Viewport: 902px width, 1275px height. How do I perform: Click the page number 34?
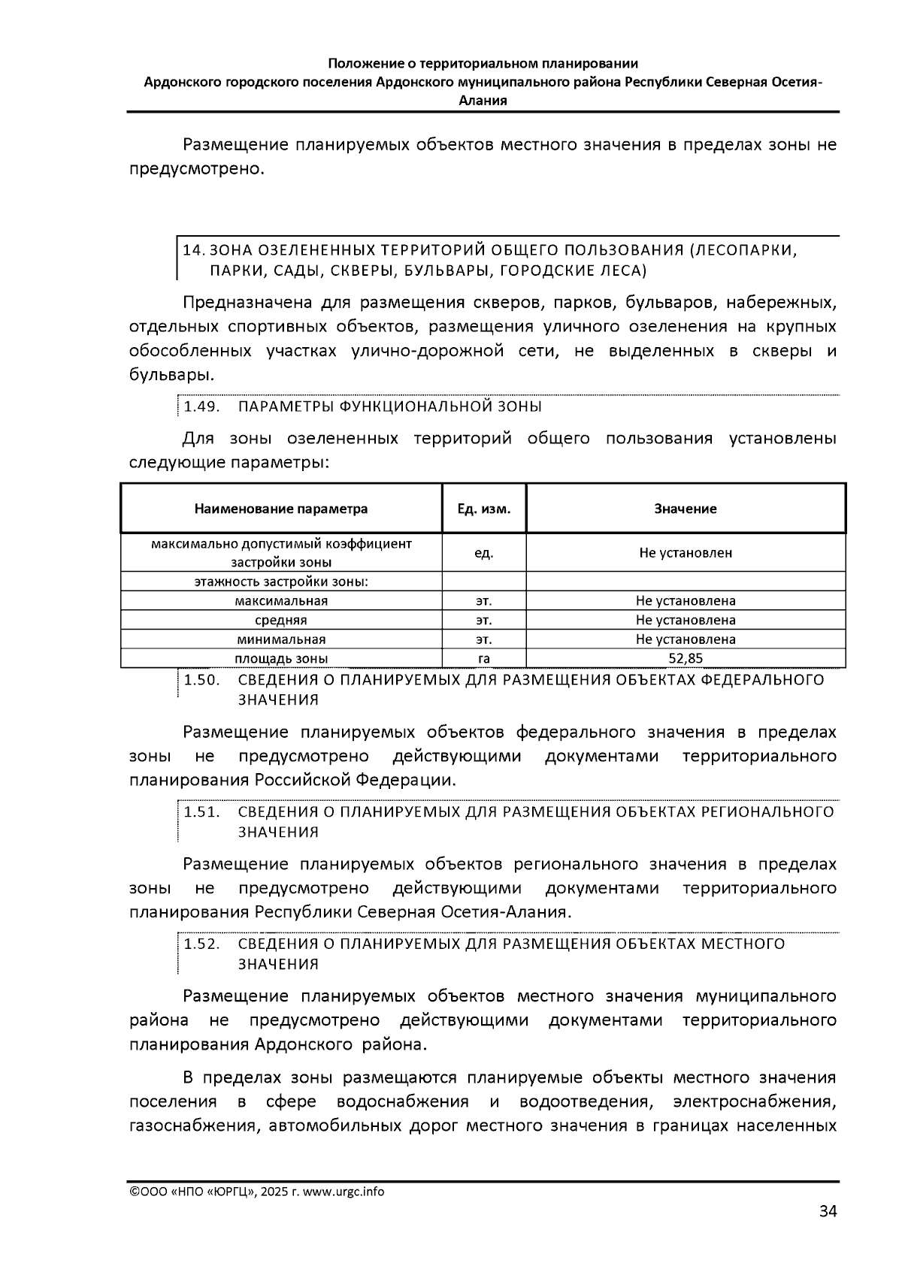tap(827, 1211)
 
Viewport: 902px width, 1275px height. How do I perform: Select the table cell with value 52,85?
tap(686, 659)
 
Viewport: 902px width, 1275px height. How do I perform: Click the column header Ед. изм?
tap(484, 509)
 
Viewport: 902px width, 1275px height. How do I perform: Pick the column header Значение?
tap(686, 509)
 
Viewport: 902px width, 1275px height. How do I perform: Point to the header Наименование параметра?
tap(281, 509)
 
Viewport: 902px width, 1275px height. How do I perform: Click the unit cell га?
tap(484, 659)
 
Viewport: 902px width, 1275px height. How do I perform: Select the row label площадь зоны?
tap(281, 659)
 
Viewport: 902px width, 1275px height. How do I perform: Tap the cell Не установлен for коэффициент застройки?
tap(686, 553)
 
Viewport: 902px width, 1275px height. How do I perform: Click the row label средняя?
tap(281, 620)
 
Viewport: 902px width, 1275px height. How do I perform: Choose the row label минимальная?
tap(281, 639)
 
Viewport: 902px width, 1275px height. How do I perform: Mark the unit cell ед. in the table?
tap(484, 553)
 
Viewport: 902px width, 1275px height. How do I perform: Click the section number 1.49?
tap(201, 406)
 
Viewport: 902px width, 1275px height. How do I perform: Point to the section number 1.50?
tap(201, 680)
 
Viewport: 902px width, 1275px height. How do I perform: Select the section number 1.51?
tap(201, 812)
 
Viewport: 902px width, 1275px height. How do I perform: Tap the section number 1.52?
tap(201, 944)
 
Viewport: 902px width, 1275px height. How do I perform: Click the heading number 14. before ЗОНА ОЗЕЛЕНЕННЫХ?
tap(193, 250)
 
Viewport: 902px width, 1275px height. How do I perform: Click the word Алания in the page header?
tap(483, 100)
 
